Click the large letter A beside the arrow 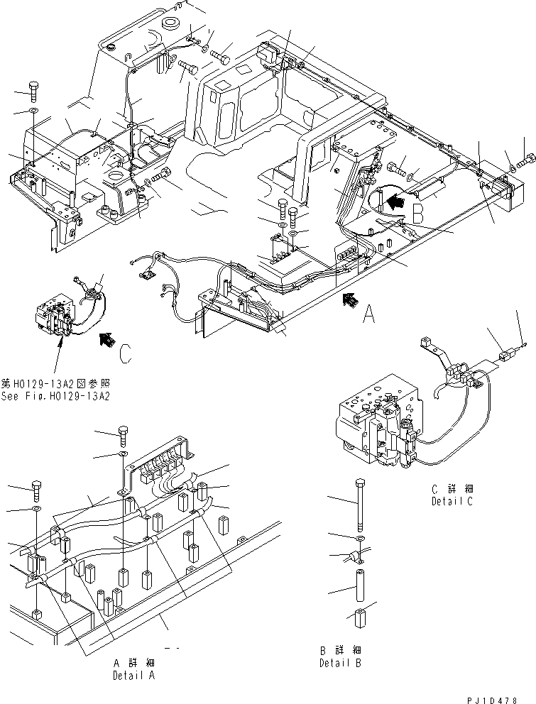tap(368, 314)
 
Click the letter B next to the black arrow tap(420, 212)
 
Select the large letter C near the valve tap(124, 353)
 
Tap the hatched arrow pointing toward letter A tap(349, 301)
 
